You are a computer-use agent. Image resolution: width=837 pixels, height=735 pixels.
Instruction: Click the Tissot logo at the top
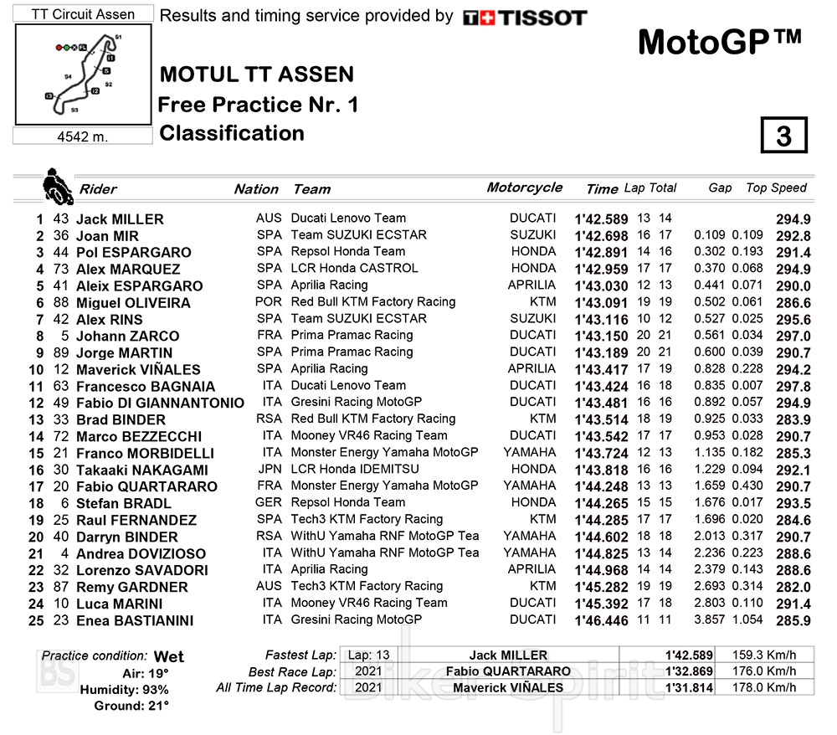[525, 17]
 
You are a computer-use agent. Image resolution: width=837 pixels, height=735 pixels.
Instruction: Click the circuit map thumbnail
[83, 75]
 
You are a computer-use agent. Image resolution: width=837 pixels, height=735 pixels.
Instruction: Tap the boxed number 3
[783, 136]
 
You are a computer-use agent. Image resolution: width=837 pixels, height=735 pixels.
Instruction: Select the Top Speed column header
[776, 188]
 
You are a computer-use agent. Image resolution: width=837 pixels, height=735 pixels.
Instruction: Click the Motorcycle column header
[524, 188]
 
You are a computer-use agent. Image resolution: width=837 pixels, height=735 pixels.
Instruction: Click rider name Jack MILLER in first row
[120, 218]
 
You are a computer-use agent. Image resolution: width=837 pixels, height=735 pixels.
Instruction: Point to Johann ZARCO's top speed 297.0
[793, 336]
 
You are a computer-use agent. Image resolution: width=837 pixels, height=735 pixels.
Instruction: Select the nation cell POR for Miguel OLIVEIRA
[269, 301]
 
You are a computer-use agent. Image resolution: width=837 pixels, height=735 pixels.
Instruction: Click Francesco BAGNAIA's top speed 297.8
[793, 386]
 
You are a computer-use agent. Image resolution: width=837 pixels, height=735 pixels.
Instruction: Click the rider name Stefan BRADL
[123, 503]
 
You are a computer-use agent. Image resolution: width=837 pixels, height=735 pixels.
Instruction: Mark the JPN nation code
[269, 469]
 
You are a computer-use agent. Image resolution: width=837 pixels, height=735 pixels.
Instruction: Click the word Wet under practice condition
[169, 656]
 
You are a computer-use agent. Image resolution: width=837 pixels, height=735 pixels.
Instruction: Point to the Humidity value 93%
[155, 690]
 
